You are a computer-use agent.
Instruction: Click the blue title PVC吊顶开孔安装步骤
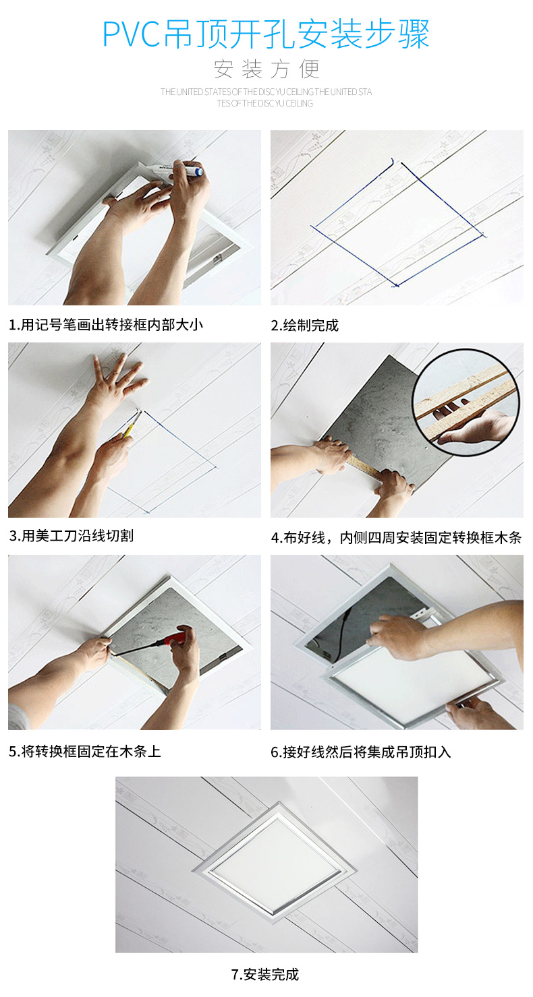[266, 34]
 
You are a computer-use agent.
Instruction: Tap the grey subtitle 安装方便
[266, 69]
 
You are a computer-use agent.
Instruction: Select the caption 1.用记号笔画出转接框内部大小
[106, 324]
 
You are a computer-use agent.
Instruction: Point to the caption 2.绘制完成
[304, 326]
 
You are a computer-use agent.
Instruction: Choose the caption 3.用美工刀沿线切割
[72, 535]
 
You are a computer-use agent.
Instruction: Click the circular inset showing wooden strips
[466, 402]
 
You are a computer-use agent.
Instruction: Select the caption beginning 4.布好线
[396, 538]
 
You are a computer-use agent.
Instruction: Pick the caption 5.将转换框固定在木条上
[85, 752]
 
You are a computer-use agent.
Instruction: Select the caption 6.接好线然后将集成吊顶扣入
[360, 752]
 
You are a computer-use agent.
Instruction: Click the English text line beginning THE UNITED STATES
[266, 92]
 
